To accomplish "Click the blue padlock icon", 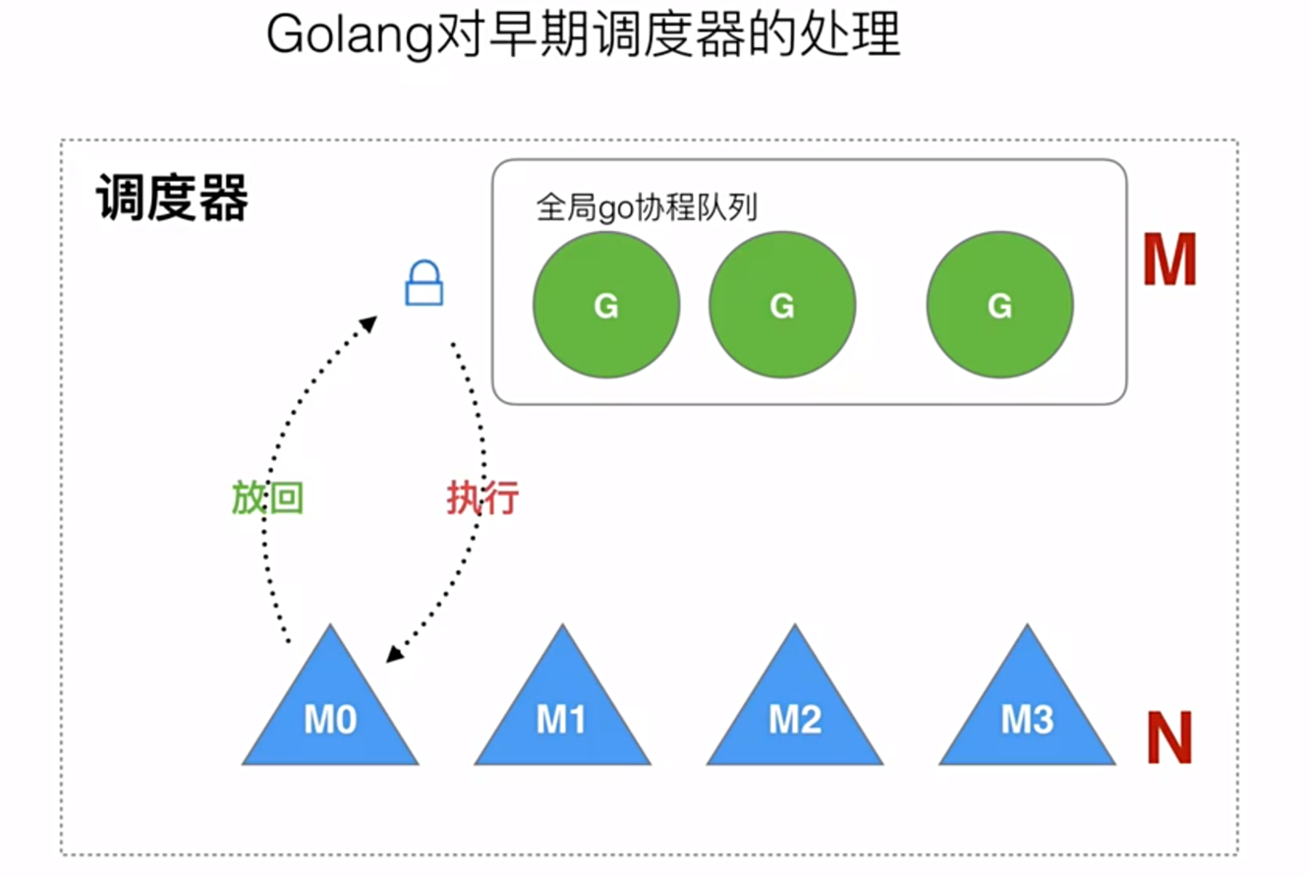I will [424, 283].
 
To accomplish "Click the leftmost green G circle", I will [606, 306].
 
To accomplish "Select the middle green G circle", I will [782, 306].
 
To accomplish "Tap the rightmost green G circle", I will [999, 306].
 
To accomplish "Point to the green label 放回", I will [267, 499].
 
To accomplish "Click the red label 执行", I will [482, 499].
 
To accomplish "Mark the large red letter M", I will [1169, 261].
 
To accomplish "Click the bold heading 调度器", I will [172, 201].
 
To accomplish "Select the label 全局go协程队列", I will [647, 207].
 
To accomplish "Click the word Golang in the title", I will [350, 37].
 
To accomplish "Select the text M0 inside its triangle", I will [330, 723].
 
